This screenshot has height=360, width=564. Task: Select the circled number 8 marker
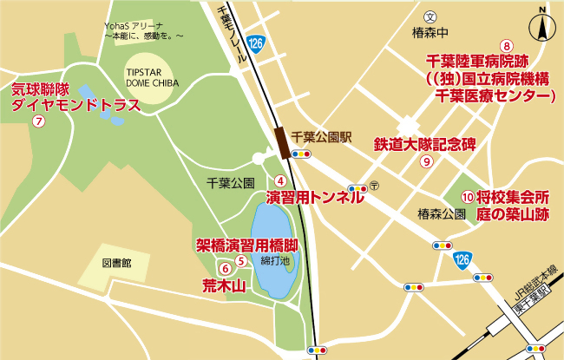coord(508,46)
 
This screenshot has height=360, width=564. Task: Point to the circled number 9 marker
coord(426,161)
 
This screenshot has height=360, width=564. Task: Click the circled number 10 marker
coord(468,197)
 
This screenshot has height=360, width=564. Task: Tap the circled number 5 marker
coord(240,259)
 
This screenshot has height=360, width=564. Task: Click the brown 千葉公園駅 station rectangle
coord(281,139)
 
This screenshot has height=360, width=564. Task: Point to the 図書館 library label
coord(116,262)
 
